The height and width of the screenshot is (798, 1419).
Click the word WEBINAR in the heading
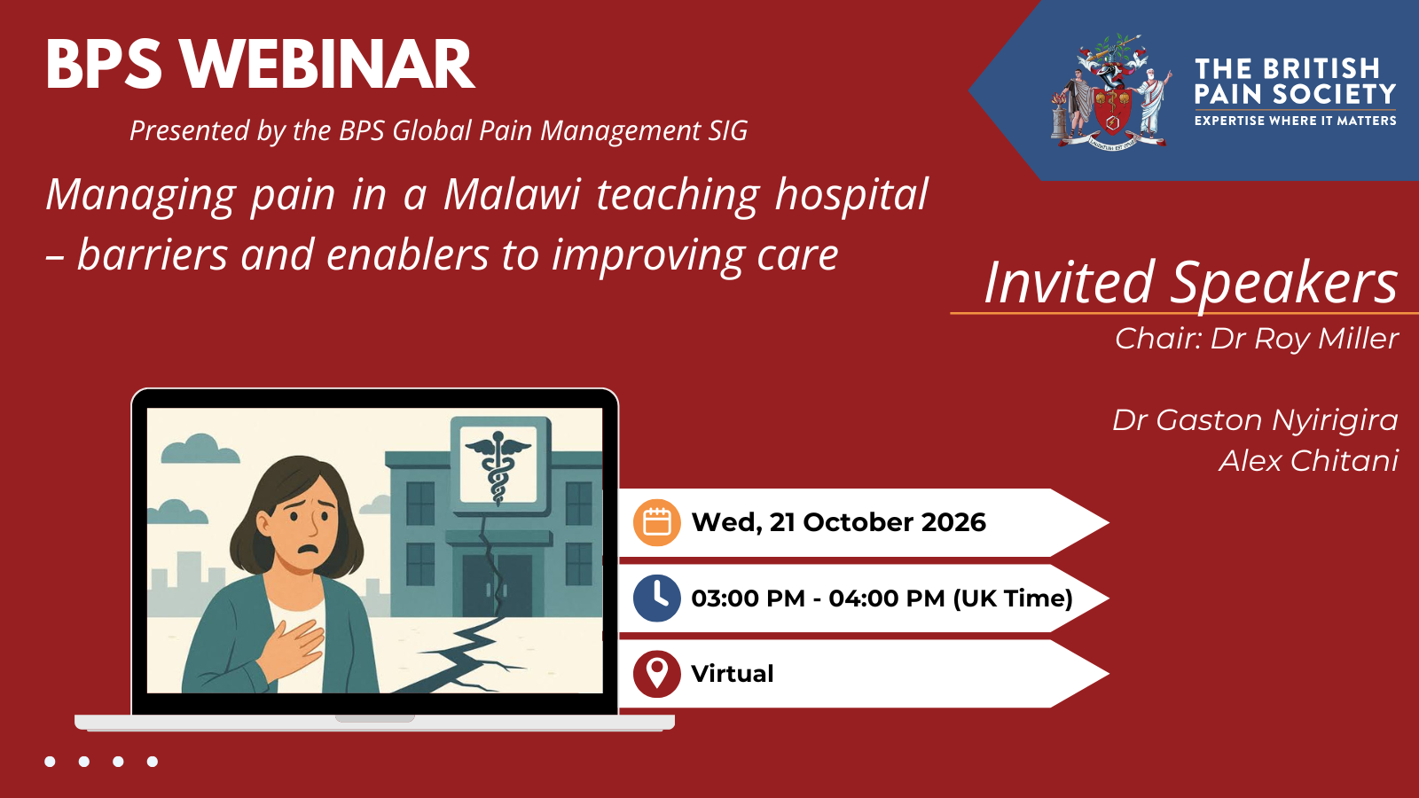(x=327, y=65)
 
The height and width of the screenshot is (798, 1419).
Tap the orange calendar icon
(x=657, y=522)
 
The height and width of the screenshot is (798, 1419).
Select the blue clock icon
(x=657, y=598)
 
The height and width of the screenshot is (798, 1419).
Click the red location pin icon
(x=657, y=674)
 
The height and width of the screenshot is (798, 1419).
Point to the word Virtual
(x=733, y=674)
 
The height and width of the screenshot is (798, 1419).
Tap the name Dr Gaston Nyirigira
(x=1255, y=420)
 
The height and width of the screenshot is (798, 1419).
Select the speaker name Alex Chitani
(x=1309, y=460)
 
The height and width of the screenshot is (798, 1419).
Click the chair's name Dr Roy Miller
(x=1305, y=338)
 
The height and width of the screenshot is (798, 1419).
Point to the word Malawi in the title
(x=512, y=194)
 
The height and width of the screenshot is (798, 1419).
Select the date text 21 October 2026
(x=877, y=522)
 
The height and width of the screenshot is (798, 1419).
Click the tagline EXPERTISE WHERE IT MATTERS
(x=1296, y=121)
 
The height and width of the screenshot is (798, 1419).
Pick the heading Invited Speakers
(x=1191, y=282)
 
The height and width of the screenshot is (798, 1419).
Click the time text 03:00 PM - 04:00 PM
(x=818, y=598)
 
